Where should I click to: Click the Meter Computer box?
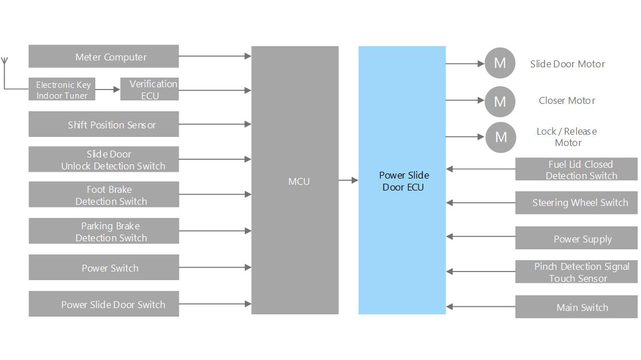click(x=103, y=56)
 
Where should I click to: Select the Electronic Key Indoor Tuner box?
click(x=62, y=90)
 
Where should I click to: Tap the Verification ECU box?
click(x=150, y=90)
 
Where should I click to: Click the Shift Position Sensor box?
click(x=103, y=124)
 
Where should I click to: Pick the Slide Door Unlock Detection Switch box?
click(x=103, y=160)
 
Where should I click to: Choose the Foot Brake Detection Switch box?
click(x=103, y=195)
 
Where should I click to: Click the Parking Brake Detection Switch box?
click(x=103, y=231)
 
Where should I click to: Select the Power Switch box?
click(x=103, y=268)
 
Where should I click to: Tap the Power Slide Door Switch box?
click(x=103, y=304)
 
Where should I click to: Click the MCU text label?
click(x=299, y=181)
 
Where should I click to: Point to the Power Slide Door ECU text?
click(x=404, y=181)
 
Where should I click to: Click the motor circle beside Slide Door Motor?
click(x=499, y=63)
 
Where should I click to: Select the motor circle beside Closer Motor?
click(x=499, y=102)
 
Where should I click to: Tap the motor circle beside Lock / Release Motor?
click(x=501, y=137)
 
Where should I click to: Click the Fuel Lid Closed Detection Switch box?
click(x=576, y=169)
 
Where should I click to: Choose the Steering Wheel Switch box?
click(x=576, y=203)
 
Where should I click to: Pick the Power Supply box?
click(x=576, y=238)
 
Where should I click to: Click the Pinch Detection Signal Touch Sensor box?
click(x=576, y=272)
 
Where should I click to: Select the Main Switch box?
click(x=576, y=307)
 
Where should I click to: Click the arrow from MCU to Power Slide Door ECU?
click(x=348, y=180)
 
